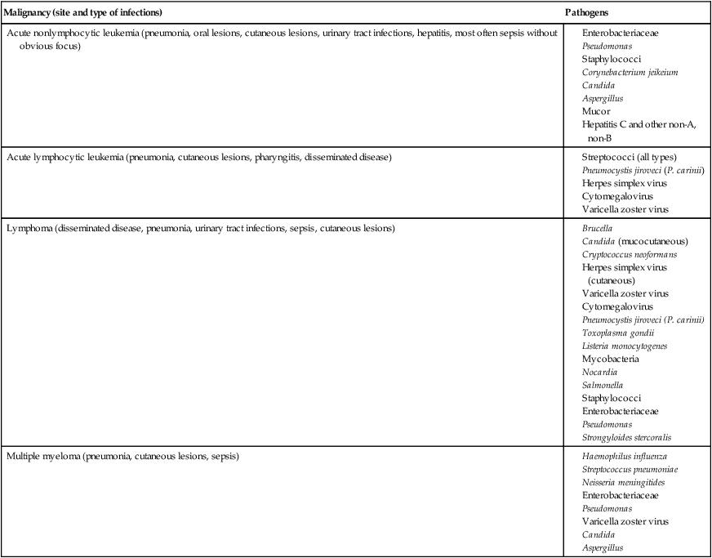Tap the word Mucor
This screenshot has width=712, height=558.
click(x=596, y=111)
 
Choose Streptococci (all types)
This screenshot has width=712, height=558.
click(x=629, y=157)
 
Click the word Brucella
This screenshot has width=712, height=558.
click(x=597, y=228)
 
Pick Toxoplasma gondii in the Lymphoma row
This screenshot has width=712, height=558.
click(x=618, y=333)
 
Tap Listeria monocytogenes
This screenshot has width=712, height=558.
click(x=625, y=346)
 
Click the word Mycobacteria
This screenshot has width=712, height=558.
click(x=610, y=359)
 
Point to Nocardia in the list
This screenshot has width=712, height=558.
click(x=600, y=372)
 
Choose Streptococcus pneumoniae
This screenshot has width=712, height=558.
click(x=630, y=469)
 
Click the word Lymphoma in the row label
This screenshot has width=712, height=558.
click(x=29, y=228)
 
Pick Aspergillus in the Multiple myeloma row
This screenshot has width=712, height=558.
click(x=603, y=547)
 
